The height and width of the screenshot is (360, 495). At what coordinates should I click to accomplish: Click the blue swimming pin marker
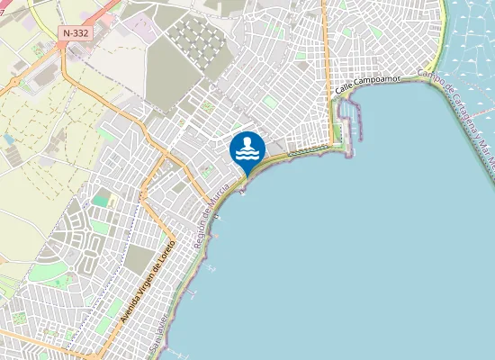tap(247, 149)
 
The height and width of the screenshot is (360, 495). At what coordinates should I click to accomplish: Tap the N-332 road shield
tap(76, 33)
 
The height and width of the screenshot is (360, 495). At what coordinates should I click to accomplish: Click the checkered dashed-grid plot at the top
tap(197, 40)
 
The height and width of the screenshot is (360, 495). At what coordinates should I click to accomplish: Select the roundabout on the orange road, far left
tap(16, 83)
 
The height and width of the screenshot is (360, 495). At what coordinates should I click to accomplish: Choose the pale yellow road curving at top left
tap(36, 13)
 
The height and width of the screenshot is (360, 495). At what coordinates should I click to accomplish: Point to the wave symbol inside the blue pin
tap(247, 155)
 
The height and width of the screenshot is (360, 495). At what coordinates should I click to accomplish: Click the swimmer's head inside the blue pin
tap(247, 140)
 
